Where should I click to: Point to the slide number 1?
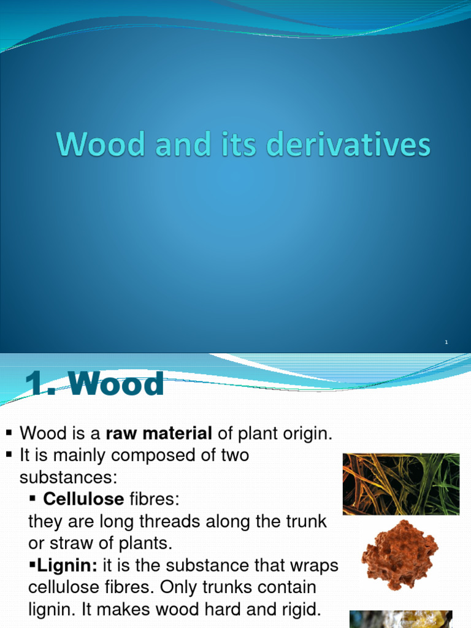[x=446, y=342]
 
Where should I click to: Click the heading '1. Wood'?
[x=94, y=385]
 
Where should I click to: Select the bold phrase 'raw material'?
[x=159, y=434]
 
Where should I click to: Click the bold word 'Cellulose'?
[x=83, y=499]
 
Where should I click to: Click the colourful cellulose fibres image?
[x=400, y=484]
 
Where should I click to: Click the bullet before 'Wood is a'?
[x=9, y=434]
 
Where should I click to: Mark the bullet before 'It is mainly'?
[x=9, y=455]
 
